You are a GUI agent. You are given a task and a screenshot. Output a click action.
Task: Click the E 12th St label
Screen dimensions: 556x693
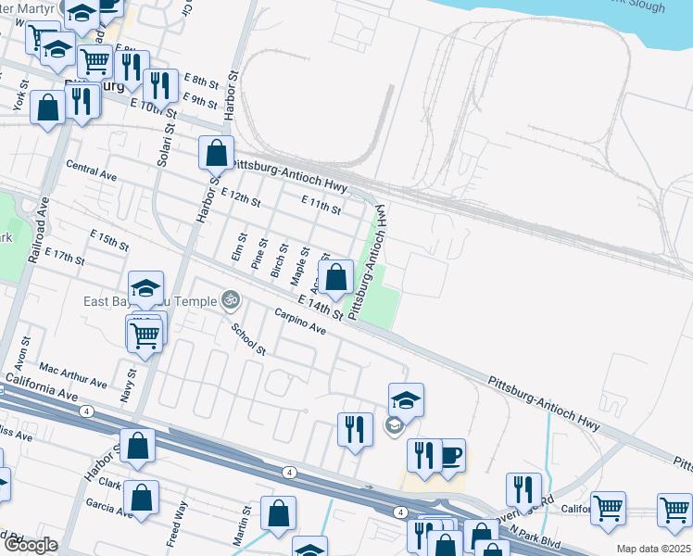coord(242,197)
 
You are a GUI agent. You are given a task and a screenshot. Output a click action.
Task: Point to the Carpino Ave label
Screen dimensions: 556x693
coord(300,322)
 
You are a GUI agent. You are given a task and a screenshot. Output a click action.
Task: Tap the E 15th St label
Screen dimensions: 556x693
coord(108,239)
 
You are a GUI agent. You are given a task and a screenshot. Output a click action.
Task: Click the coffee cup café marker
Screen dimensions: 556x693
coord(450,456)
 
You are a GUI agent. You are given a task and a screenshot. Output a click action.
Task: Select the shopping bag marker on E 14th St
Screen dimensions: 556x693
coord(335,277)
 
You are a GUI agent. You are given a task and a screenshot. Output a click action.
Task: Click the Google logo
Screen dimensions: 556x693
coord(31,545)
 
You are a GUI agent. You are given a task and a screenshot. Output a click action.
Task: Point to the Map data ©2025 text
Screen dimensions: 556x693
coord(653,549)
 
